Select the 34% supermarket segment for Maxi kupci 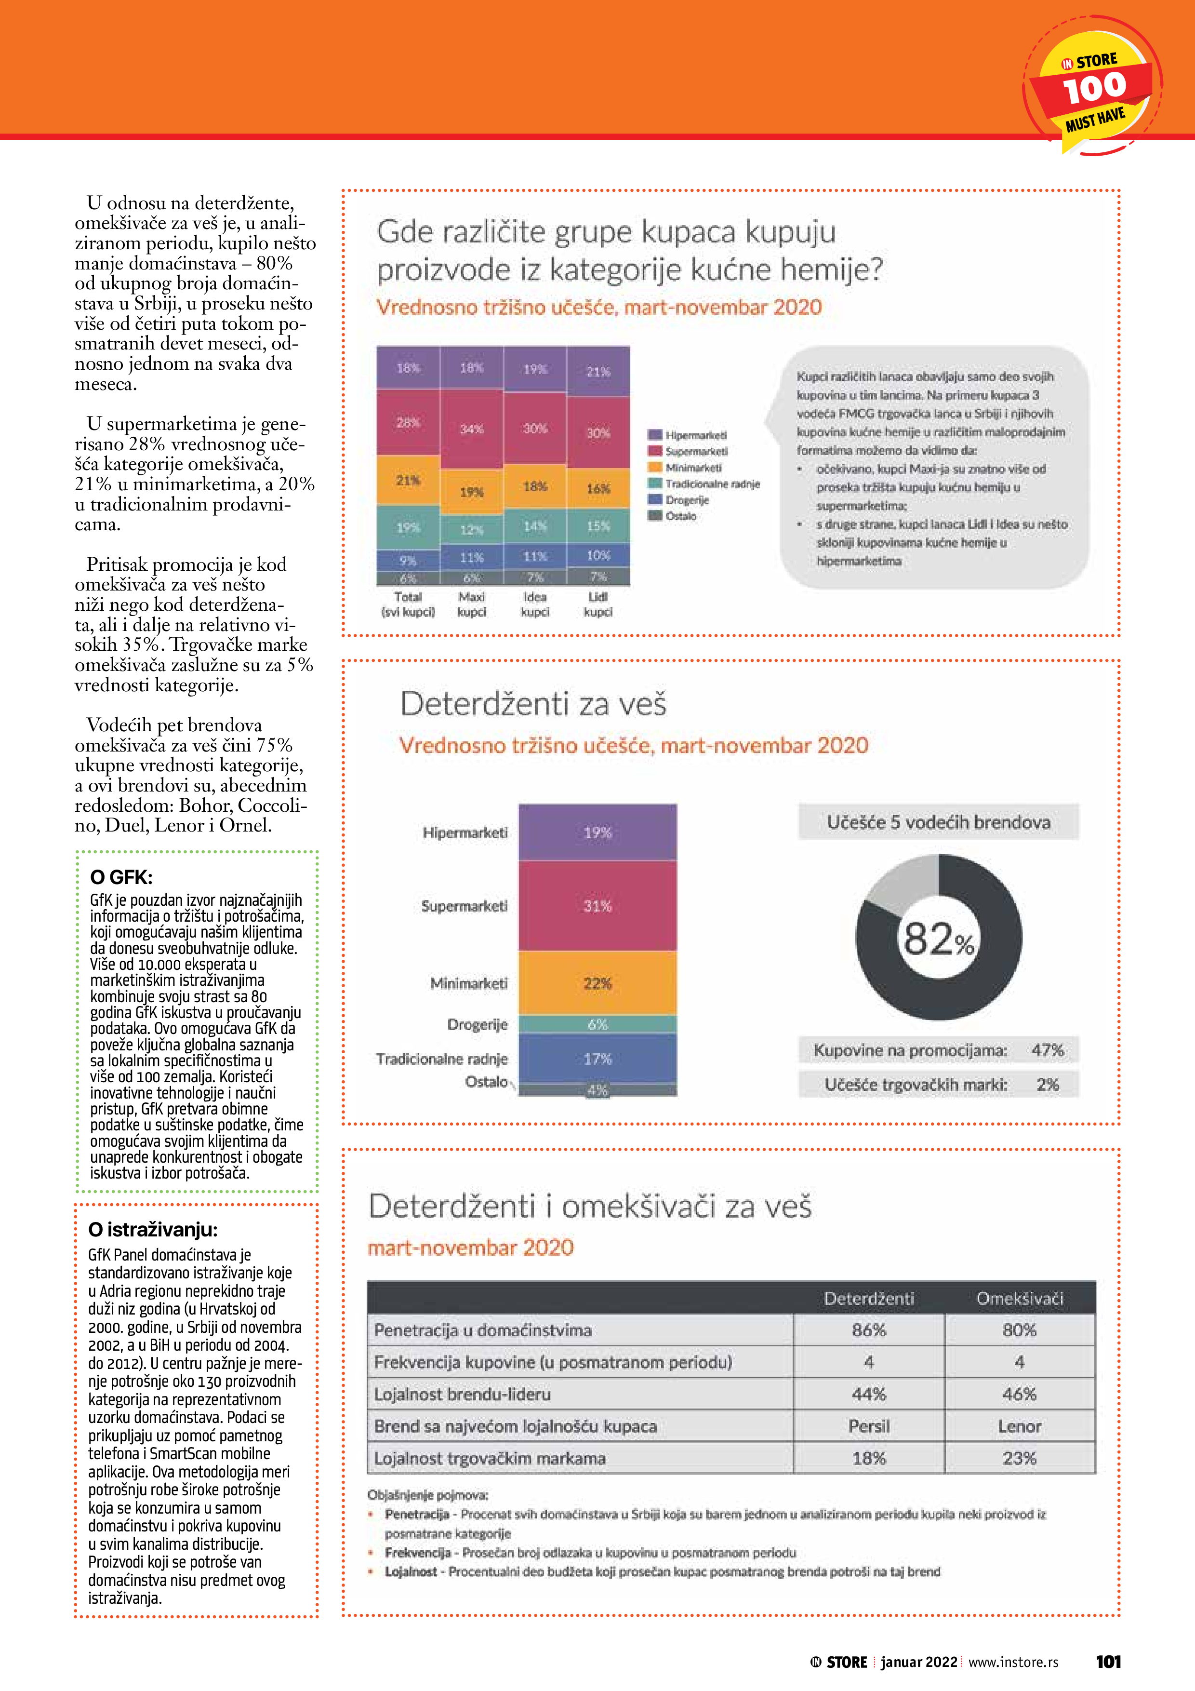[471, 429]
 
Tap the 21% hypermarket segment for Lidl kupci [598, 371]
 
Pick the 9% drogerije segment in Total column [408, 560]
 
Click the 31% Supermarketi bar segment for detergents [597, 906]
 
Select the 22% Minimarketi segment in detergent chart [597, 983]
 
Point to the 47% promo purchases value [1047, 1050]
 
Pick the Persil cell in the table [869, 1426]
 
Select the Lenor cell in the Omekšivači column [1019, 1426]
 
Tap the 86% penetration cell [869, 1330]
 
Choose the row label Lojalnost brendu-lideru [463, 1394]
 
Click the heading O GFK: [121, 877]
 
